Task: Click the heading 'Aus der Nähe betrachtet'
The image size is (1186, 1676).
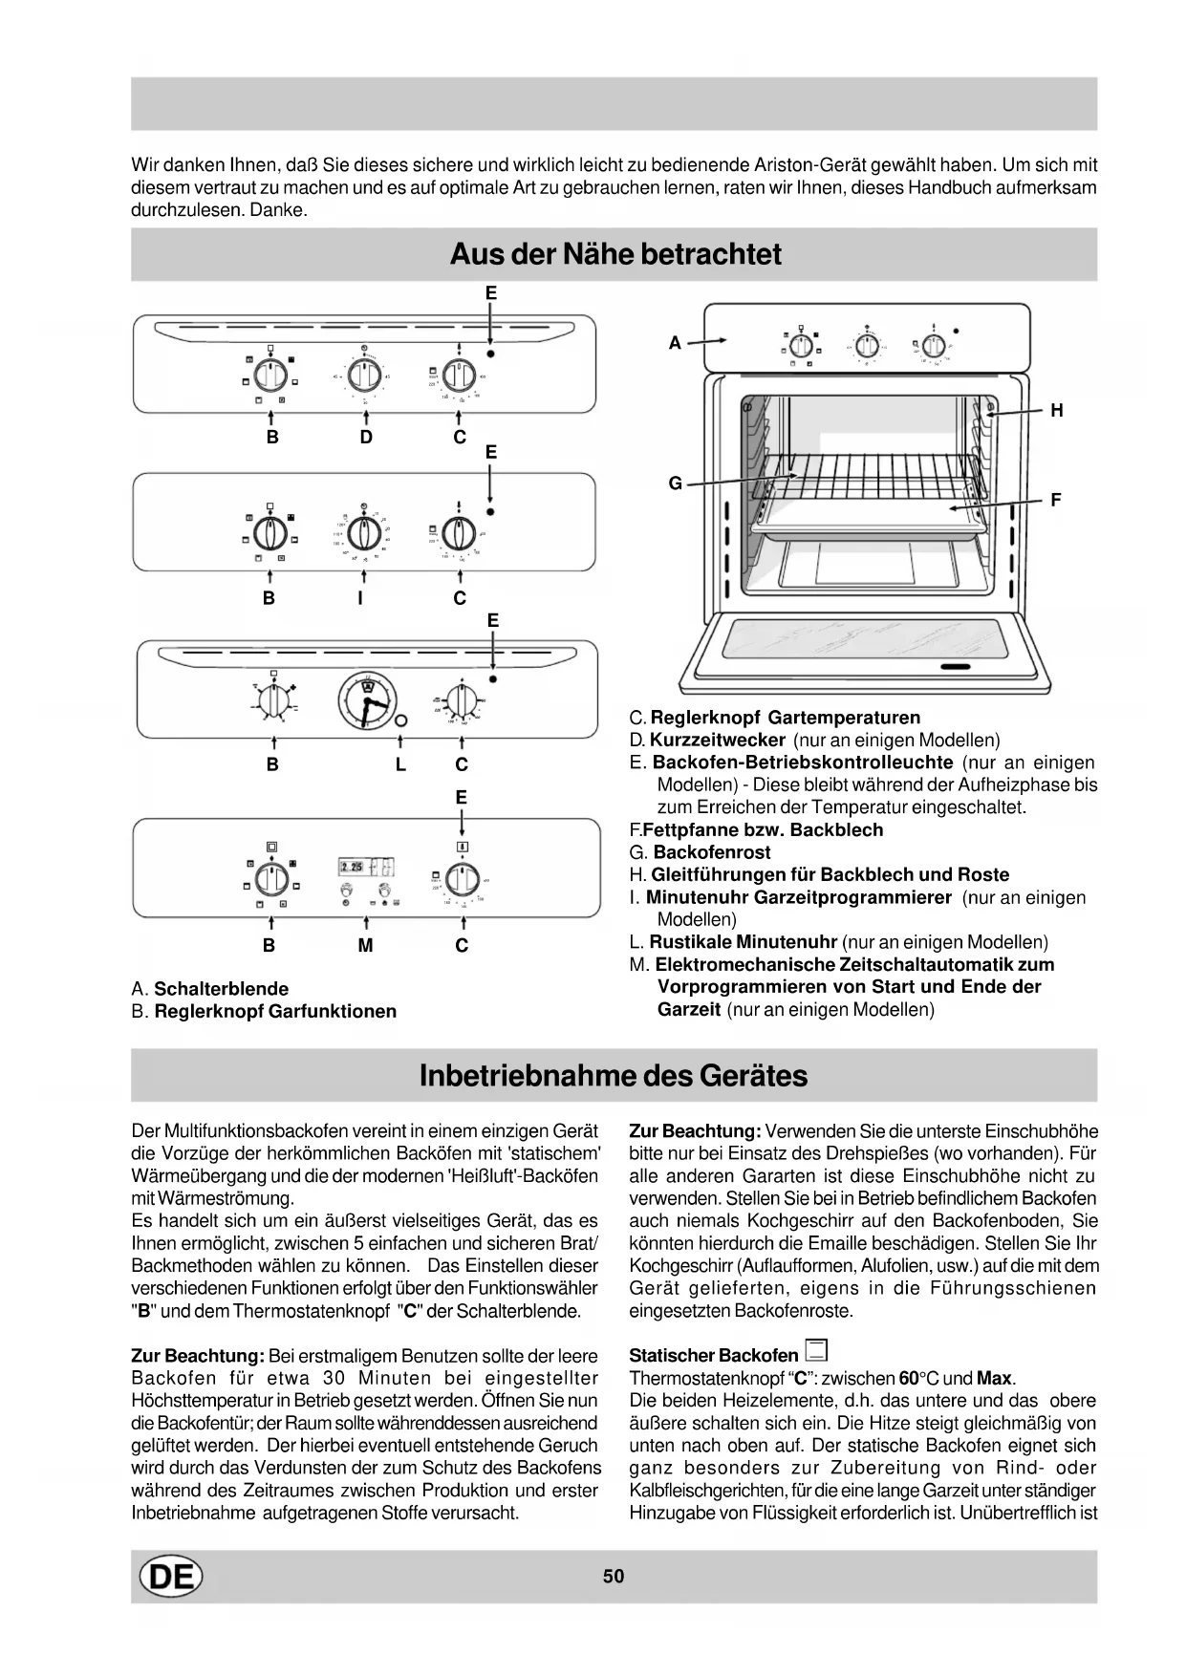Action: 615,254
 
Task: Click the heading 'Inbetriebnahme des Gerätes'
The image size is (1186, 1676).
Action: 613,1075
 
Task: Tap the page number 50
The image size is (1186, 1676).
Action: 614,1576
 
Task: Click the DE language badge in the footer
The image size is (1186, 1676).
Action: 171,1577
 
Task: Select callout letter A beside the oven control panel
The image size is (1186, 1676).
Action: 675,342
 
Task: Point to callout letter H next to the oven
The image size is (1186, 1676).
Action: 1056,411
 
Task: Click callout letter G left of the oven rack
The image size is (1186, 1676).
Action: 675,483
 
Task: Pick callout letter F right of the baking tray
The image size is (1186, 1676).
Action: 1055,500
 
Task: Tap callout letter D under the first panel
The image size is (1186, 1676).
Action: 366,438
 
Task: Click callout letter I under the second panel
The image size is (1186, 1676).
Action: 360,598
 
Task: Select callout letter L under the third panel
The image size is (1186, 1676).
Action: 400,764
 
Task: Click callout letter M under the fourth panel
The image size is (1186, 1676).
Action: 365,945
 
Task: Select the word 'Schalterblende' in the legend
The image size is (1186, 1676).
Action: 221,989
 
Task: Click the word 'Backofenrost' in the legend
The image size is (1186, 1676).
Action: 711,852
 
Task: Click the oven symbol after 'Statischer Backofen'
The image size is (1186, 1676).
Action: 816,1351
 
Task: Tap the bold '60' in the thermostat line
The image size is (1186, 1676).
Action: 909,1378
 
